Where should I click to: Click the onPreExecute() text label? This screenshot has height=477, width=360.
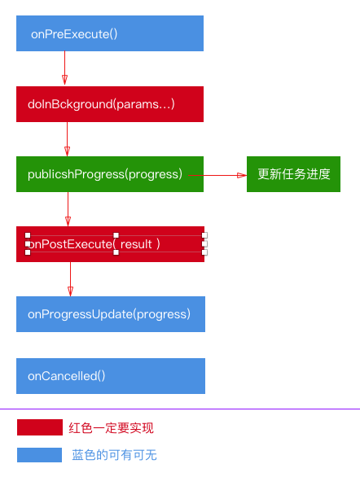coord(74,34)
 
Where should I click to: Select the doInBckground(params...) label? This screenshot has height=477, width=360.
coord(101,104)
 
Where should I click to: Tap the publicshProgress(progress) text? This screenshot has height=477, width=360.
coord(105,175)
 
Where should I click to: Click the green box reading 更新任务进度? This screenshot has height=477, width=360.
coord(293,174)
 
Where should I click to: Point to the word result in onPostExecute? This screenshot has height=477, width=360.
coord(136,244)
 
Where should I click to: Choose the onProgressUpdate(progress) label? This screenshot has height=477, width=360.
coord(109,314)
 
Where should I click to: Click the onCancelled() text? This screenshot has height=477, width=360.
coord(66,376)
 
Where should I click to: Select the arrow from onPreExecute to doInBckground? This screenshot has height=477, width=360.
coord(64,68)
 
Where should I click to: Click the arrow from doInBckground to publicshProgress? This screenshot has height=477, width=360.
coord(68,139)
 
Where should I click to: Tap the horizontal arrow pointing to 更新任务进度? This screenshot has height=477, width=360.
coord(217,175)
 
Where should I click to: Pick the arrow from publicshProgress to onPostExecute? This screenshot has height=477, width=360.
coord(68,209)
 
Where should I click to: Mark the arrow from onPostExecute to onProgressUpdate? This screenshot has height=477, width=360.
coord(70,279)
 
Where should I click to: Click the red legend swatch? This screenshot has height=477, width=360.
coord(40,427)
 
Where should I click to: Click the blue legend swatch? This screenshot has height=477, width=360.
coord(40,455)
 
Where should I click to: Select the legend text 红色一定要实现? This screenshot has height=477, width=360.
coord(111,428)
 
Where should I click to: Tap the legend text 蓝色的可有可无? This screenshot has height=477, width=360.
coord(114,455)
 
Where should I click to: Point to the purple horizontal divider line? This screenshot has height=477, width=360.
coord(180,409)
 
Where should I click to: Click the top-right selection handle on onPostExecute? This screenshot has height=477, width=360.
coord(204,235)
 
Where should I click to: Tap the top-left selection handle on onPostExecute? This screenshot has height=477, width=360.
coord(28,235)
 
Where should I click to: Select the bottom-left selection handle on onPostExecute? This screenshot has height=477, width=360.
coord(28,252)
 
